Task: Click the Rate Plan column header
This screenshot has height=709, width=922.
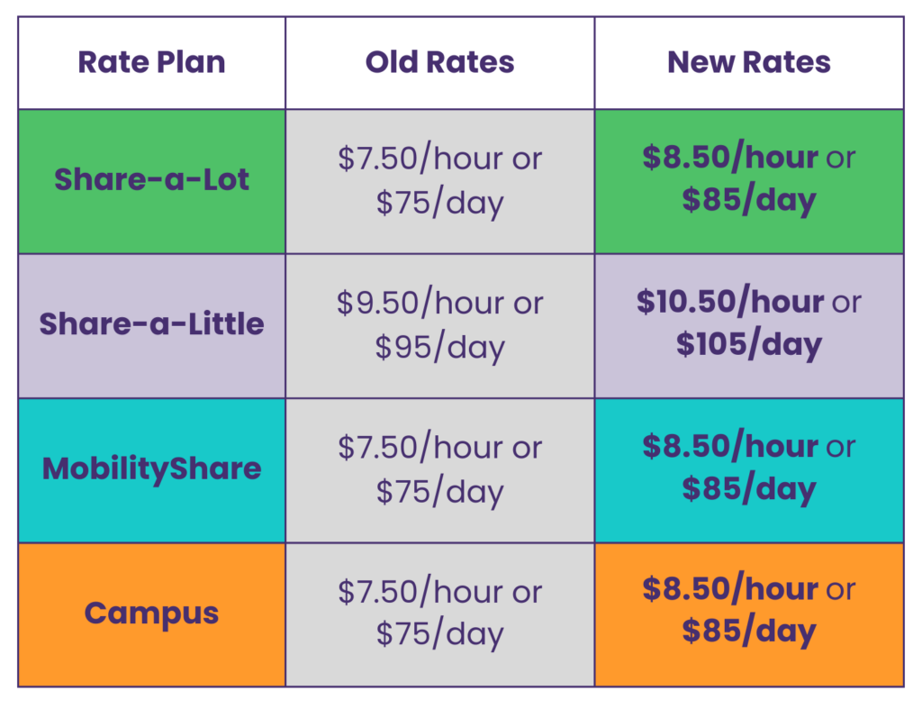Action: coord(151,62)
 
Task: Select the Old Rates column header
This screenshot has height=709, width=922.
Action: coord(439,62)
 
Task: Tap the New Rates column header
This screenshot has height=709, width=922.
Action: coord(749,62)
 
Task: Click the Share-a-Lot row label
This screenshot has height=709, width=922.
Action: coord(151,179)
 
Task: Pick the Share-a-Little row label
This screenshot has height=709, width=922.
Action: coord(151,323)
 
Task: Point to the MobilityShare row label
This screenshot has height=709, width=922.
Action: coord(151,469)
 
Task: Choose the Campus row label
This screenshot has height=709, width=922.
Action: coord(151,614)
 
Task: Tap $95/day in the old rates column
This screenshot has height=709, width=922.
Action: coord(439,347)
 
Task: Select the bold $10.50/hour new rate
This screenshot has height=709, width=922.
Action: coord(730,302)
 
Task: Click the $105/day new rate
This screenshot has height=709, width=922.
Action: coord(749,344)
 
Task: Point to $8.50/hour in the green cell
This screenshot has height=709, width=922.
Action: coord(730,158)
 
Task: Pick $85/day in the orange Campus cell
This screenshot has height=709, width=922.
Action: coord(749,632)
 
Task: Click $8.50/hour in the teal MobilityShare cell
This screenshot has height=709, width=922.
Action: coord(730,447)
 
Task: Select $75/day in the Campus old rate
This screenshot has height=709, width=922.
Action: coord(439,634)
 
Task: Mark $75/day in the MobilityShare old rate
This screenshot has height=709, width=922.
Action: coord(439,492)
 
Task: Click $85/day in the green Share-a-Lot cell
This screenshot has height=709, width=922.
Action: coord(749,200)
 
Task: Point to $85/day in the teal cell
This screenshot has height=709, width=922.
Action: coord(749,489)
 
